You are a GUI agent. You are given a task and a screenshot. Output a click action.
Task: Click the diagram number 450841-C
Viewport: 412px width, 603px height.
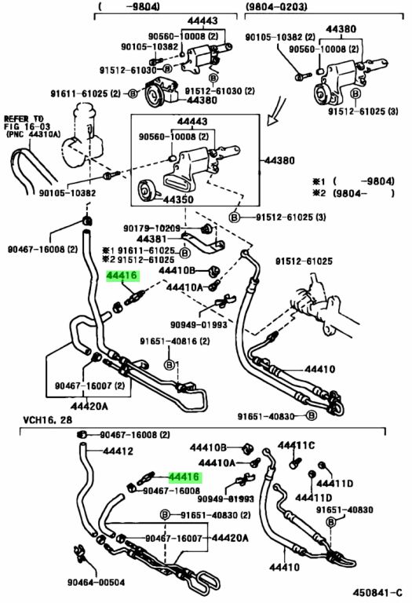(x=377, y=593)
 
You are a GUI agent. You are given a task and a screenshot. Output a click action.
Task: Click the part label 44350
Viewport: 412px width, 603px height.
(x=178, y=200)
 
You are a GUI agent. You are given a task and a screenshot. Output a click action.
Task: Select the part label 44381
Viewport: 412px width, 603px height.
(x=151, y=239)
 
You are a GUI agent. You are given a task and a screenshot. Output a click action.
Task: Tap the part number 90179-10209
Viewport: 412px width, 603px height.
(x=151, y=228)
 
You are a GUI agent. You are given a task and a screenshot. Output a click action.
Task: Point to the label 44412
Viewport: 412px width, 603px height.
(x=118, y=451)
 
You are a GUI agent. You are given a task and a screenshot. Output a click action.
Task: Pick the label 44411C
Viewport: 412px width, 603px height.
(x=296, y=445)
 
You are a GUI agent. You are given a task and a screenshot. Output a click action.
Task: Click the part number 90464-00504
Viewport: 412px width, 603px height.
(x=96, y=583)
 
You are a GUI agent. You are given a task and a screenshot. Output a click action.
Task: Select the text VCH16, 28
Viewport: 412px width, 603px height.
(x=47, y=419)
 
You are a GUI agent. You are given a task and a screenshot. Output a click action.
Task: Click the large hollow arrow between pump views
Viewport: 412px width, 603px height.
(x=277, y=111)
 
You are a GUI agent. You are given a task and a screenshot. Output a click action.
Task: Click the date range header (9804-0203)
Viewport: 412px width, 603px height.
(x=276, y=6)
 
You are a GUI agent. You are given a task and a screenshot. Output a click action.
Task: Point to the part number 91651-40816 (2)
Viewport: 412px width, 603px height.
(x=175, y=341)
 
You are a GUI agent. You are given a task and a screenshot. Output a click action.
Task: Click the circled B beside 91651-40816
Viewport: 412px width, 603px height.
(x=170, y=365)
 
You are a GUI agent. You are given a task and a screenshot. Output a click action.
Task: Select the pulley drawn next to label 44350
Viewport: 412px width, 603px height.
(x=146, y=190)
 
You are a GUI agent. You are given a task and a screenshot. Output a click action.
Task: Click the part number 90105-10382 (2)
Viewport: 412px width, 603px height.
(x=280, y=37)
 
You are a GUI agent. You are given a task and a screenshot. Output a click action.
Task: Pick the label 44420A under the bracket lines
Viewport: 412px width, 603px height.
(x=89, y=406)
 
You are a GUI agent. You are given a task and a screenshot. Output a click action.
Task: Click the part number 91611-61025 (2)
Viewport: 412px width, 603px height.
(x=86, y=93)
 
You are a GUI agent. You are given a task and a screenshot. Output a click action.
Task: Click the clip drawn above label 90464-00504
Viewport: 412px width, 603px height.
(x=80, y=553)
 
